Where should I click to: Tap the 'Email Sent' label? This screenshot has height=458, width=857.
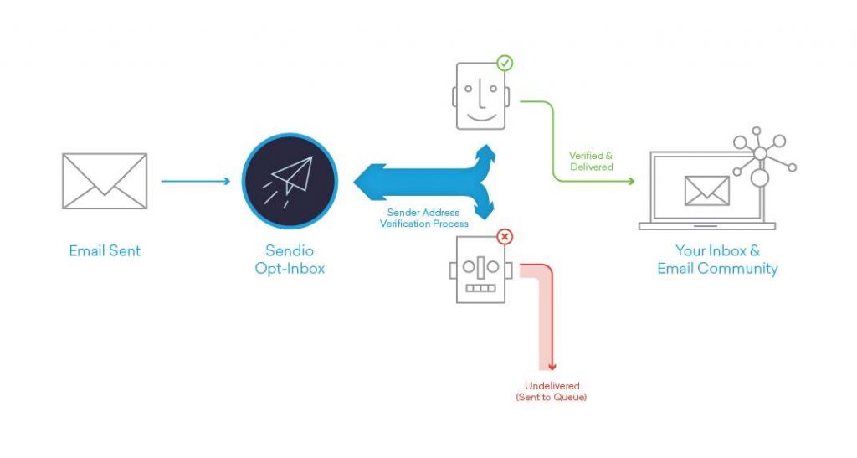105,251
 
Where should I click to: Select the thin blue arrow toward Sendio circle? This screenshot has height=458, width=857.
196,181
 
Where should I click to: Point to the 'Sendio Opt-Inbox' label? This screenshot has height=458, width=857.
290,260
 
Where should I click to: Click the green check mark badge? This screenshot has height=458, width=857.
505,64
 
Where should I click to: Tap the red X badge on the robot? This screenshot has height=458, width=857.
505,237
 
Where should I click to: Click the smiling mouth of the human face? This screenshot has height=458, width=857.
481,117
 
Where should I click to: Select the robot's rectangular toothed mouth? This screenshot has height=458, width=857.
480,288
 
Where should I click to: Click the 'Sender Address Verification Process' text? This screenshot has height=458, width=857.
424,218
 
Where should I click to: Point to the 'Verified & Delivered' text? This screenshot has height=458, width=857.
591,162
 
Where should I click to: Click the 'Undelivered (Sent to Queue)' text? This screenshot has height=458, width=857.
552,391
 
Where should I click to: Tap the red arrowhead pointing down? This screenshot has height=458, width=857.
552,367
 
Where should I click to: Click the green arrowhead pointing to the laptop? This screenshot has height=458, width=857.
631,181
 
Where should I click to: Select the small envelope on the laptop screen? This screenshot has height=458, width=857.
706,191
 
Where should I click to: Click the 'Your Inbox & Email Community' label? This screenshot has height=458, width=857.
717,260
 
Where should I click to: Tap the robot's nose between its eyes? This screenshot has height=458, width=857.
481,267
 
